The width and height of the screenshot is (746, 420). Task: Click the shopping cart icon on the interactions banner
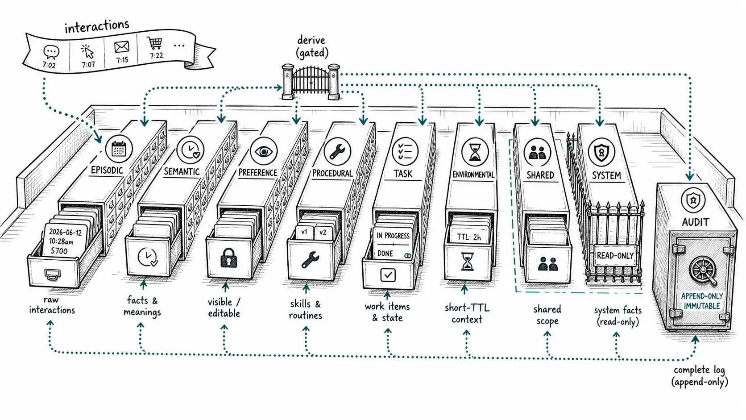pyautogui.click(x=154, y=43)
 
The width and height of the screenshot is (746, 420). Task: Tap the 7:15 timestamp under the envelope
pyautogui.click(x=122, y=60)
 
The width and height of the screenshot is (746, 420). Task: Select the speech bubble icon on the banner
pyautogui.click(x=51, y=52)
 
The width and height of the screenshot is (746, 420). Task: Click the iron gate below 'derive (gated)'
pyautogui.click(x=311, y=81)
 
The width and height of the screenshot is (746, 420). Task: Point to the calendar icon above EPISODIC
pyautogui.click(x=119, y=149)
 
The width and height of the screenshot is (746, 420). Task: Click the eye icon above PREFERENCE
pyautogui.click(x=263, y=151)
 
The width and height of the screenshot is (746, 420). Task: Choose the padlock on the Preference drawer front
pyautogui.click(x=228, y=258)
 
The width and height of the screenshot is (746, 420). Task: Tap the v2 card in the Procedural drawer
pyautogui.click(x=323, y=233)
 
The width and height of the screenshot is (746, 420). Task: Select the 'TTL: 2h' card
pyautogui.click(x=469, y=237)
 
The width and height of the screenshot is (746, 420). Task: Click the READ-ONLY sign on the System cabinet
pyautogui.click(x=615, y=255)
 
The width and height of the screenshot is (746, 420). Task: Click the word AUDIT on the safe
pyautogui.click(x=696, y=222)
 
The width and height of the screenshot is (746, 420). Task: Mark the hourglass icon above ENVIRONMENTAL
pyautogui.click(x=475, y=152)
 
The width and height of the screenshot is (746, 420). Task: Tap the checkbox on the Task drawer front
pyautogui.click(x=388, y=275)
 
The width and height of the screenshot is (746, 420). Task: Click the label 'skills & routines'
pyautogui.click(x=305, y=309)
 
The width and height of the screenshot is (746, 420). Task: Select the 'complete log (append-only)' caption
pyautogui.click(x=700, y=376)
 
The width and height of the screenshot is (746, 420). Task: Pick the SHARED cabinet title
pyautogui.click(x=540, y=175)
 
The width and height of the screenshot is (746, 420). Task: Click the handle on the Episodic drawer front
pyautogui.click(x=52, y=274)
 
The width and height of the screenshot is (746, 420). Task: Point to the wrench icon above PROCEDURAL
pyautogui.click(x=337, y=152)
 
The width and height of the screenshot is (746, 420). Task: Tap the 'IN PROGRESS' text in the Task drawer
pyautogui.click(x=393, y=236)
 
